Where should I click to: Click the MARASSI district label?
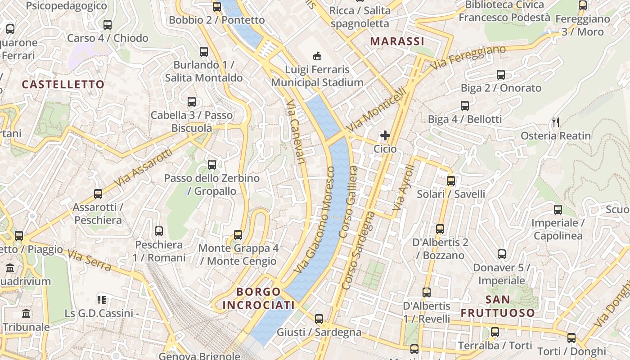pos(397,41)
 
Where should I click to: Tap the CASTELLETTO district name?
pos(63,85)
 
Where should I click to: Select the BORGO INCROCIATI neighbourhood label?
pos(258,298)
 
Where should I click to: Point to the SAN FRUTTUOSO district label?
pos(498,306)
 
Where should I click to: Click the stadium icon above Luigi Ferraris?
pos(317,56)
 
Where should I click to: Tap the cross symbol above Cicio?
pos(385,135)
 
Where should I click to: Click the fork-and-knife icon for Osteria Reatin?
pos(556,122)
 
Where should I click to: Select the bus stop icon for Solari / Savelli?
pos(450,181)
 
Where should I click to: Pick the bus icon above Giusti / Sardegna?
pos(319,319)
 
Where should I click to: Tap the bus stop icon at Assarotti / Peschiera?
pos(98,194)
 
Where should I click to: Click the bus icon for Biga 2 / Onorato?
pos(501,75)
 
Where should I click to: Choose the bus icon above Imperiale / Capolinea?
pos(558,210)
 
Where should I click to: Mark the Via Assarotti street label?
pos(143,168)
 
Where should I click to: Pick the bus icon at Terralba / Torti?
pos(495,333)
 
